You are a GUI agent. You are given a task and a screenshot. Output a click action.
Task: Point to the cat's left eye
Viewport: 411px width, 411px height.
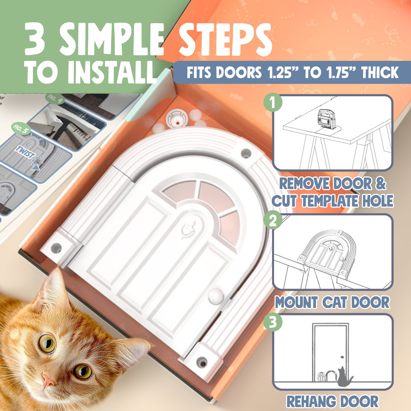click(x=47, y=343)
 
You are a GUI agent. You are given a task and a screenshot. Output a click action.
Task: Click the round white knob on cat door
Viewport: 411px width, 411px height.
click(x=215, y=296)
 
